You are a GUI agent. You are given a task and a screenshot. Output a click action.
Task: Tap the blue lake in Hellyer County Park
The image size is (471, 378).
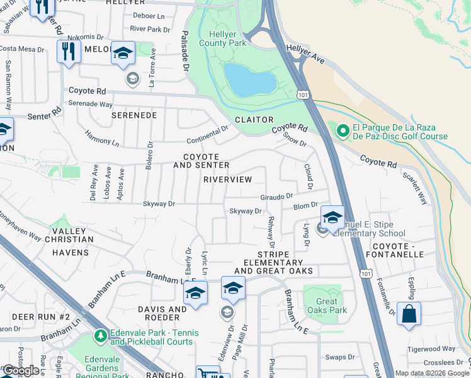click(251, 79)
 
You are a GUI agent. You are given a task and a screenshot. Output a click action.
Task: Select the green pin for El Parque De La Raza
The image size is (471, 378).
click(343, 131)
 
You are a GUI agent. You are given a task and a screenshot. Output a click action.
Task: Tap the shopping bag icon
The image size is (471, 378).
click(409, 313)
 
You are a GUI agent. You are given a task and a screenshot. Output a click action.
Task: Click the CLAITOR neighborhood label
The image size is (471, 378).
click(254, 120)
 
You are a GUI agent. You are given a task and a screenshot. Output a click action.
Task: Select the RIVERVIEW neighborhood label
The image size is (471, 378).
click(228, 180)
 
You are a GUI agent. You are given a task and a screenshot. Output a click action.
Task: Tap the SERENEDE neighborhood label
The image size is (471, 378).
click(133, 116)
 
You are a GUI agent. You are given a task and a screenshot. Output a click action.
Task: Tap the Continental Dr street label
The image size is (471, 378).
click(207, 134)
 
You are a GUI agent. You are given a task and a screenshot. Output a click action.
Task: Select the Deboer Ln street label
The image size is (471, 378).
click(148, 15)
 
